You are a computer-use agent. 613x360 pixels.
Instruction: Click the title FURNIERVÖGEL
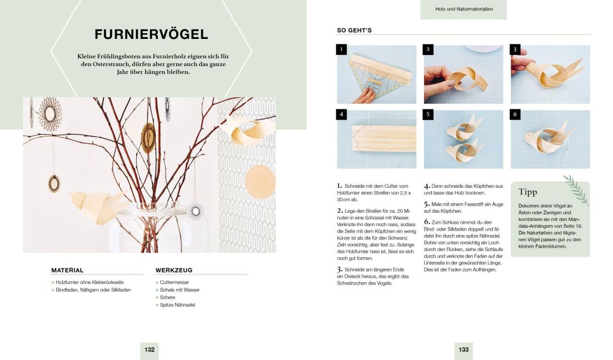click(x=151, y=34)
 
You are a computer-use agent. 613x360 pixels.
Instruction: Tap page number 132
click(x=149, y=350)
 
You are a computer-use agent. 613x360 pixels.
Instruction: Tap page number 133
click(x=464, y=350)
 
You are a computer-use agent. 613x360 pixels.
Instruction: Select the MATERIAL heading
click(x=67, y=271)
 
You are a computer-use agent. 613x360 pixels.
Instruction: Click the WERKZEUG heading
click(x=174, y=271)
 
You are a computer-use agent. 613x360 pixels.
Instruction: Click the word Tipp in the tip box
click(x=527, y=192)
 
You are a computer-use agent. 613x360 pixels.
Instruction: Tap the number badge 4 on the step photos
click(x=342, y=115)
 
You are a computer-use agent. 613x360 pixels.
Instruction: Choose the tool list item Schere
click(x=167, y=297)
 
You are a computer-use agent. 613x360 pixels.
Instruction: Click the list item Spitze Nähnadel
click(x=177, y=305)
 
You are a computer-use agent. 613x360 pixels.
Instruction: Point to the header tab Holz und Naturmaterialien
click(x=464, y=9)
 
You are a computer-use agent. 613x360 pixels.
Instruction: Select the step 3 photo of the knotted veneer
click(x=550, y=74)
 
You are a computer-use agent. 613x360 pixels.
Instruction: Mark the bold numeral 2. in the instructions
click(x=340, y=211)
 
